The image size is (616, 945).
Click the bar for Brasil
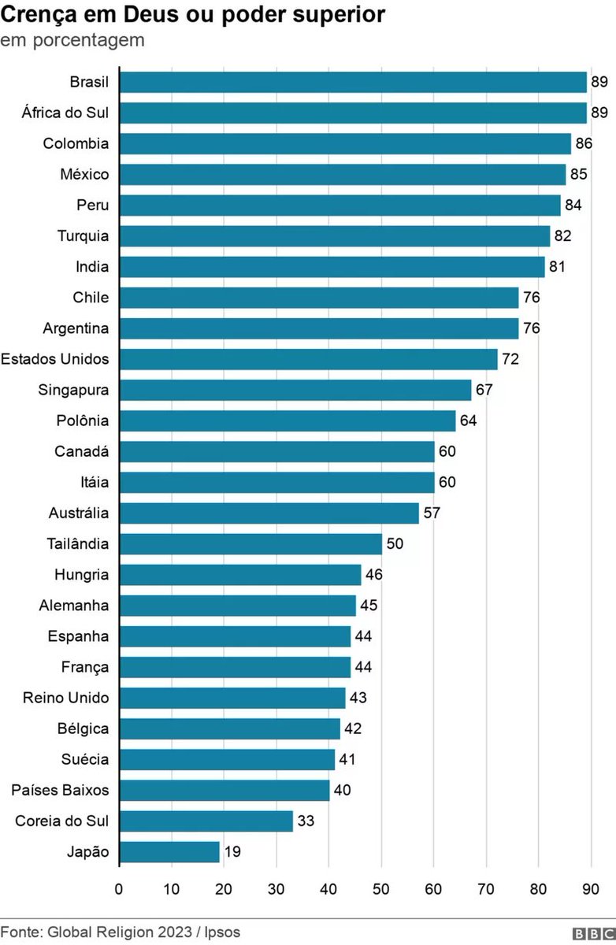353,82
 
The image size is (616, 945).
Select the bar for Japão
169,852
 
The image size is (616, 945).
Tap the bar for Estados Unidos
308,359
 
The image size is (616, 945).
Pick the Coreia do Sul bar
206,821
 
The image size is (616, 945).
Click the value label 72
510,359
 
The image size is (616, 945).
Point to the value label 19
232,852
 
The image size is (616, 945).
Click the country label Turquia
83,235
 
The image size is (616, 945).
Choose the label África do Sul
65,113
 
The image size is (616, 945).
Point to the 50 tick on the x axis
381,890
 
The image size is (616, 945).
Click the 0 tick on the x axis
119,890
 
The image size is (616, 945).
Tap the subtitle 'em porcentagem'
72,40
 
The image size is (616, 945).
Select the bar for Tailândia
250,544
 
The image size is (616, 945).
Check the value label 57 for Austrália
432,513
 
